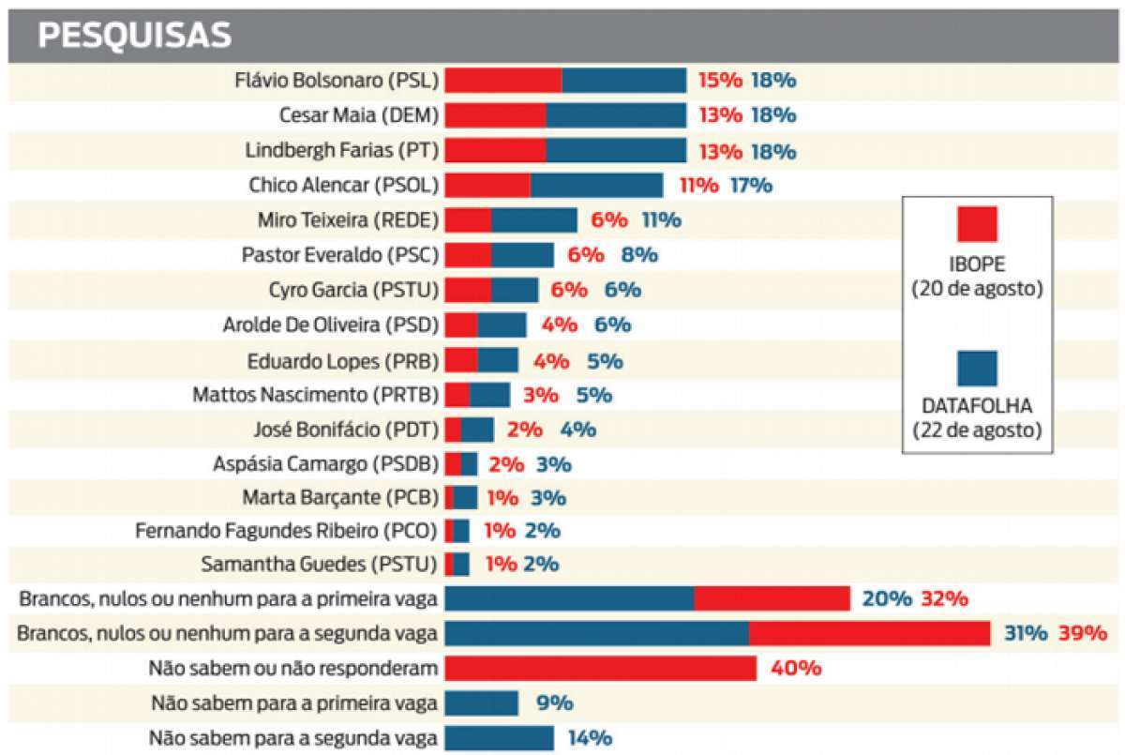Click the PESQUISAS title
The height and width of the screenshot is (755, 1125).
click(x=133, y=35)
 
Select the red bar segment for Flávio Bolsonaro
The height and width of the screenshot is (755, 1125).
click(x=503, y=81)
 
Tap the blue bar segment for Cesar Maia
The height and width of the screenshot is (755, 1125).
click(x=616, y=115)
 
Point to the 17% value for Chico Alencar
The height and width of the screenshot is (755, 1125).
click(x=751, y=185)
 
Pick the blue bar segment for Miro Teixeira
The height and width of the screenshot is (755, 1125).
click(x=534, y=220)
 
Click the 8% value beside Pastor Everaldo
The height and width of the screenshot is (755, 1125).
click(x=639, y=255)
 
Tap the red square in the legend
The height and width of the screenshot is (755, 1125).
click(x=977, y=225)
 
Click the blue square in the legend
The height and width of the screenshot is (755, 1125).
click(x=977, y=368)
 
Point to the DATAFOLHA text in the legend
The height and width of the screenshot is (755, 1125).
click(x=977, y=407)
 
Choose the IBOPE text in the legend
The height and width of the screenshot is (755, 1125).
click(x=977, y=264)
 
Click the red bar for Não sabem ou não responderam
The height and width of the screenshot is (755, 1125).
click(x=600, y=669)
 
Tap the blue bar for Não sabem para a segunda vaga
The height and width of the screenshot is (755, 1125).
click(x=499, y=738)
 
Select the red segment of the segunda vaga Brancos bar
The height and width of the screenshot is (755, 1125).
click(x=869, y=634)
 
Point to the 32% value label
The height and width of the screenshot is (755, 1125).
click(x=945, y=599)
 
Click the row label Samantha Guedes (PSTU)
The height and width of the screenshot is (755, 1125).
click(x=320, y=565)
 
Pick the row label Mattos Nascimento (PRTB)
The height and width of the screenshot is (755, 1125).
click(x=315, y=395)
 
